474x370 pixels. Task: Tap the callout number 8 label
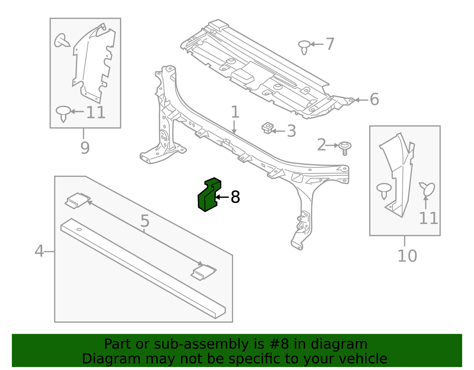235,197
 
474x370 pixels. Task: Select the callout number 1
235,112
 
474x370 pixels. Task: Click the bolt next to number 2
345,147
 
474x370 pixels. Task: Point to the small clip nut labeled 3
267,128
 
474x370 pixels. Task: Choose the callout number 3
292,131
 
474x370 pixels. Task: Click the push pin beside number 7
304,47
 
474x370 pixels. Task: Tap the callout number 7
330,44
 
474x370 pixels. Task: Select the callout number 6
374,100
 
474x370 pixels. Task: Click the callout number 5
145,221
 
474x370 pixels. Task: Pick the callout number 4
39,251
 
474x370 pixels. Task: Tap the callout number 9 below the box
85,148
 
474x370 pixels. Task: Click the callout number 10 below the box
407,256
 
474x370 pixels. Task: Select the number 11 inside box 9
96,113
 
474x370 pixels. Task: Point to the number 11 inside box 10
428,219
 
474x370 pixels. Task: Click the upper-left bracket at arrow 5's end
77,200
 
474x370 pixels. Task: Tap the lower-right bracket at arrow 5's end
203,272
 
